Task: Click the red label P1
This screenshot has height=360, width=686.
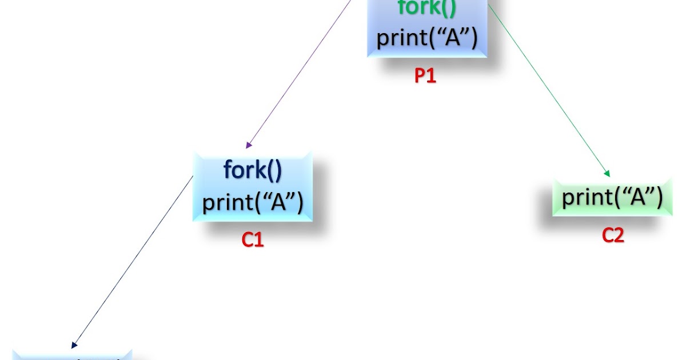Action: coord(425,76)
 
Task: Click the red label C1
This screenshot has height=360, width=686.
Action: coord(253,240)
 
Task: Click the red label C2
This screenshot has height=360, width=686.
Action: coord(613,235)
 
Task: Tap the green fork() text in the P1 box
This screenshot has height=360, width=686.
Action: coord(426,9)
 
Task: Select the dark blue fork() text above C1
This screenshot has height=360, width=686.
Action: coord(253,170)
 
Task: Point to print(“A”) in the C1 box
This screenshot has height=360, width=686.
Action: coord(253,202)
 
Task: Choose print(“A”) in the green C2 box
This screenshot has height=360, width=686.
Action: coord(612,197)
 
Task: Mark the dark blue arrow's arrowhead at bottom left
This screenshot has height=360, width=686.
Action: coord(74,345)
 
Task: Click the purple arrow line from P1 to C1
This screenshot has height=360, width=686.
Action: coord(297,74)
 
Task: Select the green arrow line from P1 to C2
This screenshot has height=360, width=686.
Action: coord(549,91)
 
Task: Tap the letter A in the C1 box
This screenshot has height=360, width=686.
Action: coord(278,202)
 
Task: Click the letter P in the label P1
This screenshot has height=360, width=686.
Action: coord(420,76)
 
